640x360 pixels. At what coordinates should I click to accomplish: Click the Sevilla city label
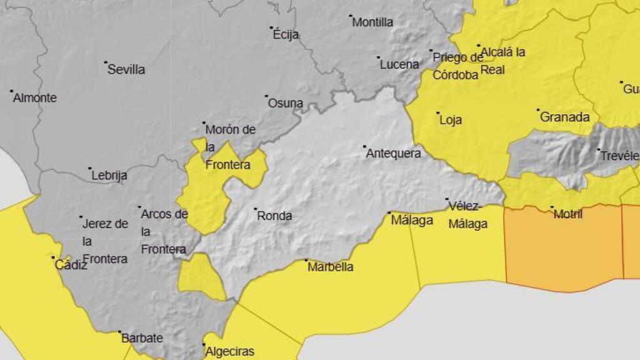point(126,69)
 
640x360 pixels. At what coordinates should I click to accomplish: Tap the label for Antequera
point(394,153)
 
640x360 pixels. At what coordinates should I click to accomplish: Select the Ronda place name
point(274,216)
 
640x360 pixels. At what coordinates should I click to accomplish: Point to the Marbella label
point(330,267)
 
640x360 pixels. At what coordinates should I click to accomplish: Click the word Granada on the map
point(564,117)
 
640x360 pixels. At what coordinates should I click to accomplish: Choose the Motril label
point(568,214)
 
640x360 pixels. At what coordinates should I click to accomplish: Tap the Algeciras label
point(229,351)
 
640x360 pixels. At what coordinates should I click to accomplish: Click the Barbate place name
point(142,338)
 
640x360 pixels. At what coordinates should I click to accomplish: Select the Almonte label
point(35,97)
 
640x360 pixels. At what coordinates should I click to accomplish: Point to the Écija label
point(286,34)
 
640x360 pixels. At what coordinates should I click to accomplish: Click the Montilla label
point(372,22)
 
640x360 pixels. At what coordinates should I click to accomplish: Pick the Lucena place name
point(399,64)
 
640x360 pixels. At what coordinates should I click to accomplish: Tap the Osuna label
point(286,103)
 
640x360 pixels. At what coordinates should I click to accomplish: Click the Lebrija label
point(109,176)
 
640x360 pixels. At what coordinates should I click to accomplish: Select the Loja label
point(451,120)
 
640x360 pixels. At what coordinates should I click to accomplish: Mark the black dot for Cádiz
point(53,257)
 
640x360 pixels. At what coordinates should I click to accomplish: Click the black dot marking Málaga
point(389,212)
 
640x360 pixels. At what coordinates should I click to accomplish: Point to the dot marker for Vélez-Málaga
point(447,200)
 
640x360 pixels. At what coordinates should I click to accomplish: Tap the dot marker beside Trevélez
point(598,150)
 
